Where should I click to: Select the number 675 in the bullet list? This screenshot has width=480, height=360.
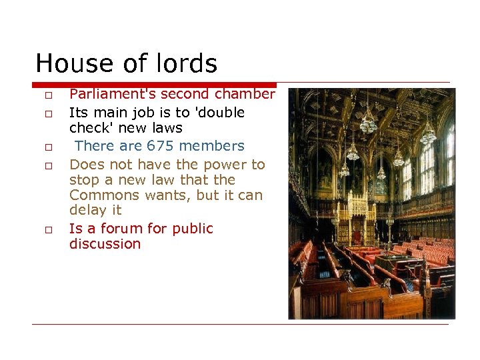(159, 146)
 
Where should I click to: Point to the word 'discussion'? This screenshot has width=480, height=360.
(105, 244)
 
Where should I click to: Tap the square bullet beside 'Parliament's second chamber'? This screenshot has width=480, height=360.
(49, 97)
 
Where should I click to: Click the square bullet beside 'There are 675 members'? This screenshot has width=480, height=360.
(49, 147)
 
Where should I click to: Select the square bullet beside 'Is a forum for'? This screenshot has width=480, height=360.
(49, 231)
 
